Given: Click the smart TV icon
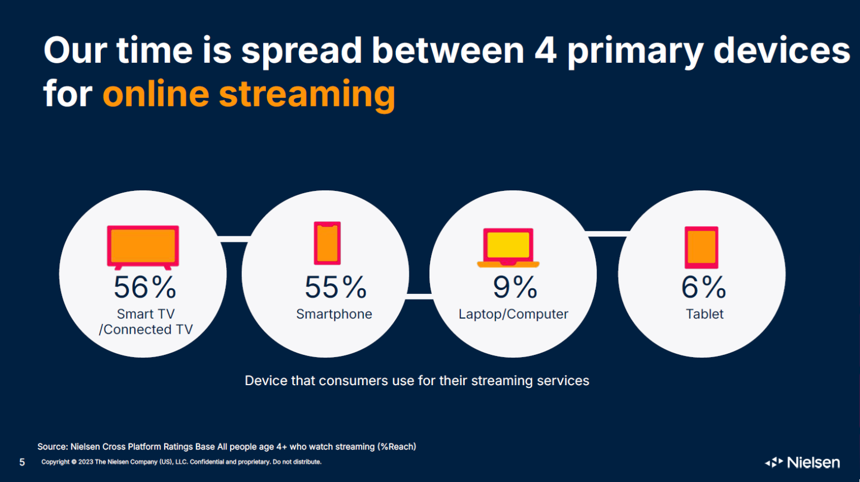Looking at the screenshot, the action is click(143, 247).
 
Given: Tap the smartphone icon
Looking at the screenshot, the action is click(327, 243).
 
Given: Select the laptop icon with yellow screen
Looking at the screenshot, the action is click(508, 247).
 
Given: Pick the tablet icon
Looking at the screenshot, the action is click(702, 247).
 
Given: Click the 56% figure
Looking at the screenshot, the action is click(145, 287).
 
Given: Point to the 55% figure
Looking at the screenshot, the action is click(335, 287).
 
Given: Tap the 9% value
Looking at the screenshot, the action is click(515, 287).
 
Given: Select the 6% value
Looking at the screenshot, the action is click(703, 287).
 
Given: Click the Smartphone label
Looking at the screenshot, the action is click(334, 314).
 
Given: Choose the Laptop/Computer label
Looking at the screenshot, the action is click(513, 314).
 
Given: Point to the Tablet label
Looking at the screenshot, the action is click(704, 314).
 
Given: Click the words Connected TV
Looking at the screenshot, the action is click(148, 329).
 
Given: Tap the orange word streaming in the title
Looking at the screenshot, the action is click(307, 95).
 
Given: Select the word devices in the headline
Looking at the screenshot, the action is click(782, 50).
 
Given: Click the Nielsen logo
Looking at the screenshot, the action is click(802, 462).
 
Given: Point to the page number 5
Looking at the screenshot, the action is click(22, 462).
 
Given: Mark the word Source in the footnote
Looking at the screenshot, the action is click(52, 447).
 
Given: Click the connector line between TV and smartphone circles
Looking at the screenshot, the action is click(234, 239).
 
